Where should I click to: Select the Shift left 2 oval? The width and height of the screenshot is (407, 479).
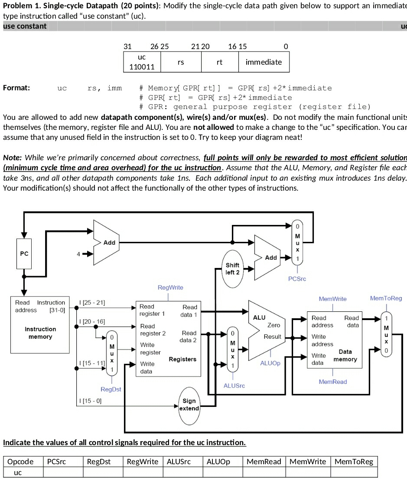tap(233, 268)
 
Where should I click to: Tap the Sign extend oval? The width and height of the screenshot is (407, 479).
tap(189, 405)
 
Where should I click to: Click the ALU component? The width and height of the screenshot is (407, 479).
tap(265, 330)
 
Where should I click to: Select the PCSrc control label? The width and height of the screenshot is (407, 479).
tap(297, 279)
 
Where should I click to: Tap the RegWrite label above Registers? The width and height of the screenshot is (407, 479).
tap(170, 287)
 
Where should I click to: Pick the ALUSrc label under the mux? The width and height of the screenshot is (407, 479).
tap(234, 385)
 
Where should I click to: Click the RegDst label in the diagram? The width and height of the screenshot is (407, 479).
tap(111, 389)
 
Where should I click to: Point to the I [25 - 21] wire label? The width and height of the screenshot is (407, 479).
tap(91, 302)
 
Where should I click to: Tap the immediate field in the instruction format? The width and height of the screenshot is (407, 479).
tap(264, 62)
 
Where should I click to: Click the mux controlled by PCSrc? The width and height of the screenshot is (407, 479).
tap(297, 243)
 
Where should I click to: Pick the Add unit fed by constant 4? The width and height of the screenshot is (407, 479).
tap(106, 243)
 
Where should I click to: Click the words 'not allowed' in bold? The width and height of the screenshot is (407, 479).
tap(211, 127)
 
